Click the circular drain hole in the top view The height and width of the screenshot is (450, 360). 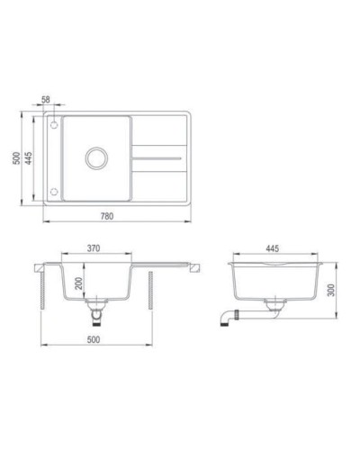pos(94,158)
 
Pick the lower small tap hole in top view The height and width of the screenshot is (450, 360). pos(56,192)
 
